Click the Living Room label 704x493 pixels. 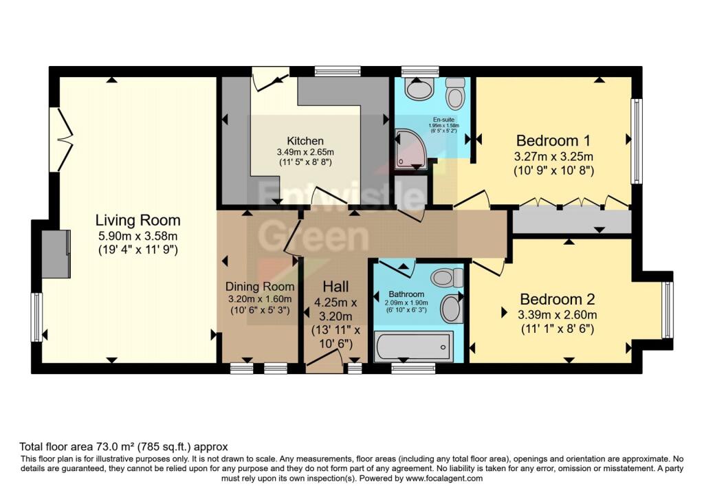[x=137, y=221]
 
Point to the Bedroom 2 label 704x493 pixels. [x=557, y=300]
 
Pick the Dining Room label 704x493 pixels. [x=260, y=286]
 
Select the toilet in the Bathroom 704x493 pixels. [x=447, y=276]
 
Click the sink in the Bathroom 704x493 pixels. [x=451, y=308]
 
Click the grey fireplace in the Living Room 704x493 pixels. [x=56, y=254]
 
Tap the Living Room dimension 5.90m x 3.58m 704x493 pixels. [x=137, y=237]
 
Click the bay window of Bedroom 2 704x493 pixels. [x=666, y=310]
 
